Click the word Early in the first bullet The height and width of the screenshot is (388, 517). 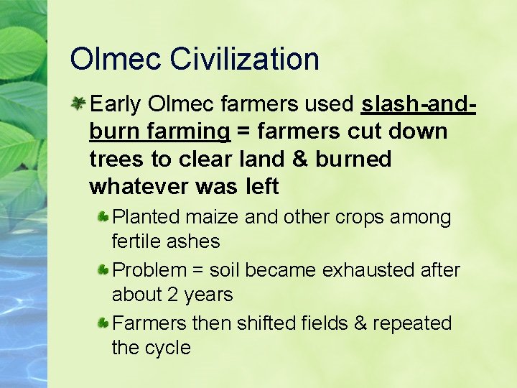coord(116,105)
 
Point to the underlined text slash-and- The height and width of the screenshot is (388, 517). coord(419,105)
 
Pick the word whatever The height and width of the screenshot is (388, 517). coord(139,186)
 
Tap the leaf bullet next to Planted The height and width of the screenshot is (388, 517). coord(104,216)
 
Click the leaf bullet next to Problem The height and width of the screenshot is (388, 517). coord(104,270)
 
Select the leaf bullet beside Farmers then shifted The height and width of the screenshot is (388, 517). coord(104,323)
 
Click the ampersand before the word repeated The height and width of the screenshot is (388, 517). coord(360,323)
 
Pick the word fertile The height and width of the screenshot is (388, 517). coord(137,241)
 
